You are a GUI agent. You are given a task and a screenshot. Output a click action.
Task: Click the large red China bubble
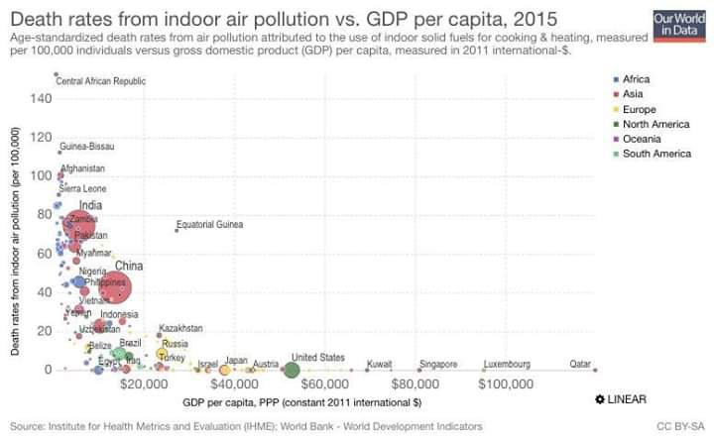(x=118, y=289)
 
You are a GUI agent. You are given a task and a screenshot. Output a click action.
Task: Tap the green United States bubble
(x=290, y=370)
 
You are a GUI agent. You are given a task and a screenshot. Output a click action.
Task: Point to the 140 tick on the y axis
(x=40, y=98)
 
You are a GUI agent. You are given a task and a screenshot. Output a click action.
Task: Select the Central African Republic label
(x=100, y=80)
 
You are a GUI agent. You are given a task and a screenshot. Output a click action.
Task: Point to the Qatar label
(x=580, y=364)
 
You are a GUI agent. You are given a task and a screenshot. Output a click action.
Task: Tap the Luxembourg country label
(x=508, y=364)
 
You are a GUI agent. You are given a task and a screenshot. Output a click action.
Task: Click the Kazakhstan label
(x=180, y=328)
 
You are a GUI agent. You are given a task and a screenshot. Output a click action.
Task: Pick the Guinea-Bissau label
(x=87, y=147)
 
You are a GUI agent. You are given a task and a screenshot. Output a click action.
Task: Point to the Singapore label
(x=438, y=364)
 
